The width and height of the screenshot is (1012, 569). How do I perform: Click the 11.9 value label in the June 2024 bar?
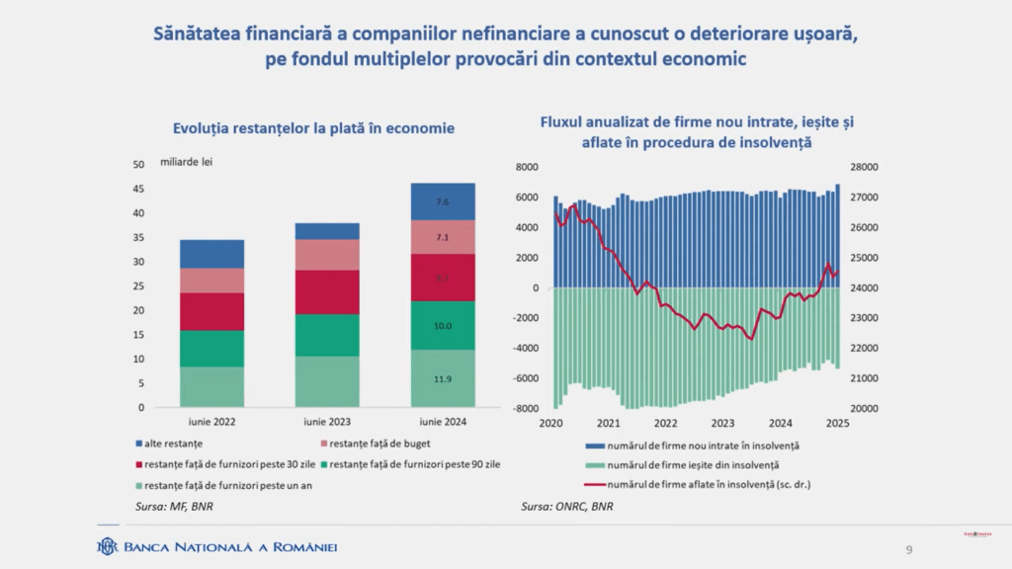[x=443, y=379]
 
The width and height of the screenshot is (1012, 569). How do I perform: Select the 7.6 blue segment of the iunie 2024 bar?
[x=443, y=203]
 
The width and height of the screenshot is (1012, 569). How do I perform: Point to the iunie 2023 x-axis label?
[x=326, y=422]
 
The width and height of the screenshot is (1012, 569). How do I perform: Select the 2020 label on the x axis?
[x=551, y=423]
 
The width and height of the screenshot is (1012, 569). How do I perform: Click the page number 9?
[x=909, y=549]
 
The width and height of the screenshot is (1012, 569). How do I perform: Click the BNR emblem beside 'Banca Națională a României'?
[x=107, y=546]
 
